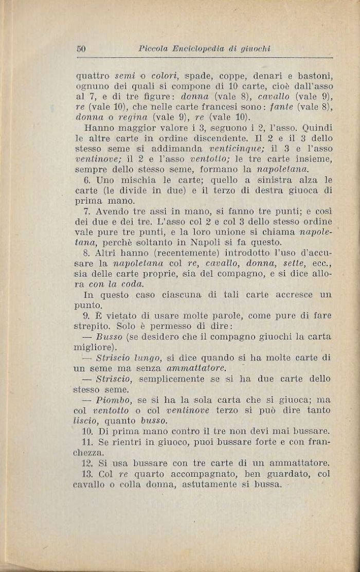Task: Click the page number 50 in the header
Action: (81, 49)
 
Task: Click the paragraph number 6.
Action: (86, 181)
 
